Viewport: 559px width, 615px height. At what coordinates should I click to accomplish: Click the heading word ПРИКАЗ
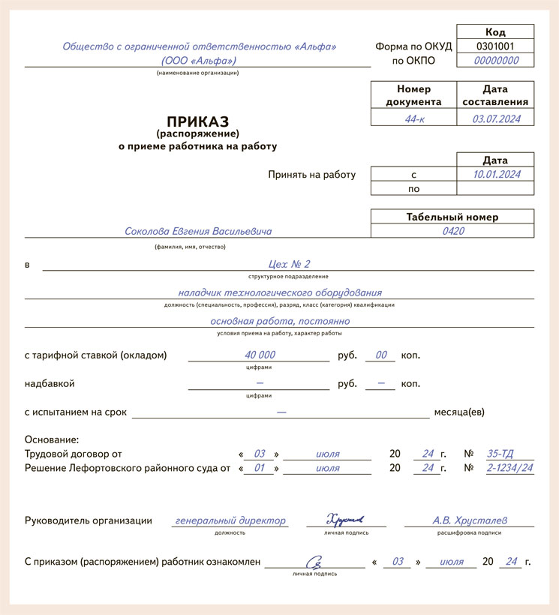pos(197,121)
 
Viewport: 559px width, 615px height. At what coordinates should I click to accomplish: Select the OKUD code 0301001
pos(495,46)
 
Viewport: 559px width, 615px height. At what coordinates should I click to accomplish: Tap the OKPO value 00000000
pos(495,61)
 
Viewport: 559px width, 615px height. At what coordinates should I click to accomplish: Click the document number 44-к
pos(413,118)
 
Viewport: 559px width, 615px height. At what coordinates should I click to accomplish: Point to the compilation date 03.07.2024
pos(495,118)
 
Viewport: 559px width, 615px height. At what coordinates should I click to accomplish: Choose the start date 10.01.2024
pos(495,174)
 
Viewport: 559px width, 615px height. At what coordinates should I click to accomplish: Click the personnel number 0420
pos(452,231)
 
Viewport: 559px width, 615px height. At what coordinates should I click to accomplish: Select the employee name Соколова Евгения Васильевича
pos(198,232)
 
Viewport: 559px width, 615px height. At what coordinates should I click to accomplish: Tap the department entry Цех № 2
pos(289,264)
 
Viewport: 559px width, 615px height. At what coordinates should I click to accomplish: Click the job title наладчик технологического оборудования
pos(280,292)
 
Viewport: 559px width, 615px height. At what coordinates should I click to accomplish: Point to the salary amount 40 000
pos(260,355)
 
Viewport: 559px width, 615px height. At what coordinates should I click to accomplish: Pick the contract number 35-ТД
pos(502,454)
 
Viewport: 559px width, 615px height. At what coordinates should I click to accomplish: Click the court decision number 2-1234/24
pos(509,468)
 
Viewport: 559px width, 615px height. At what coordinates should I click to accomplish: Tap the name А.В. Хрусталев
pos(469,520)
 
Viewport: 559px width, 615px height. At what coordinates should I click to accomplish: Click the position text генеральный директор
pos(230,520)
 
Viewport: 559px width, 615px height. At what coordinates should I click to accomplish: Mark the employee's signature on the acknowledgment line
pos(316,560)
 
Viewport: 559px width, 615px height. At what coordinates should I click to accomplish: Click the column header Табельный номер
pos(452,217)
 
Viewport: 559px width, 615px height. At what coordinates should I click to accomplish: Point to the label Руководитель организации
pos(89,520)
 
